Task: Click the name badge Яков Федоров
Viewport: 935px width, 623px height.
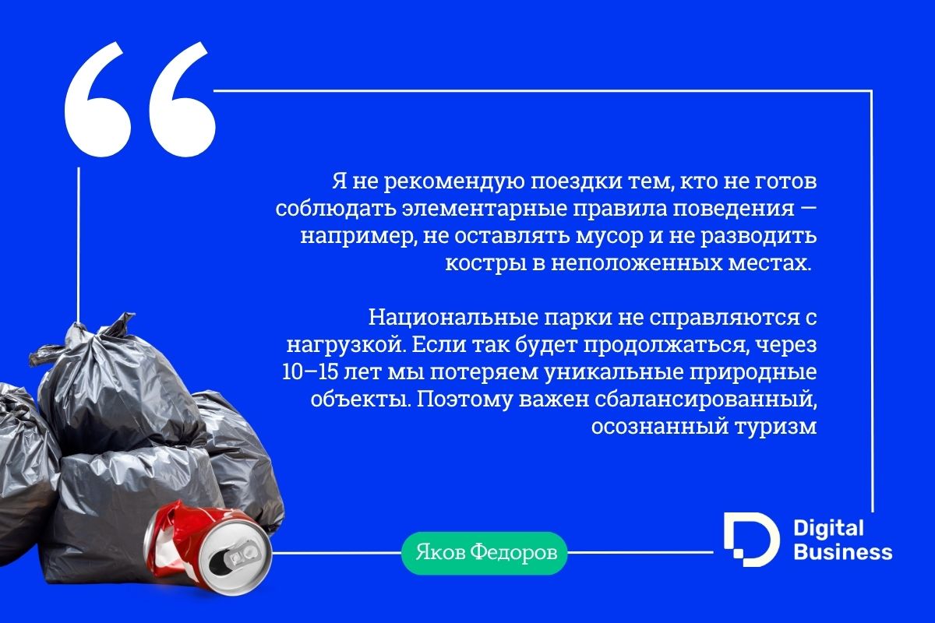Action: coord(484,554)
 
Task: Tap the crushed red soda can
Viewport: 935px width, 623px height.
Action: coord(207,547)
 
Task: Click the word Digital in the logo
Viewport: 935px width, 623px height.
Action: coord(828,529)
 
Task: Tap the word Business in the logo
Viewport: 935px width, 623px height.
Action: coord(843,552)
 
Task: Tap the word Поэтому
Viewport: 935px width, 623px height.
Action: coord(464,400)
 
